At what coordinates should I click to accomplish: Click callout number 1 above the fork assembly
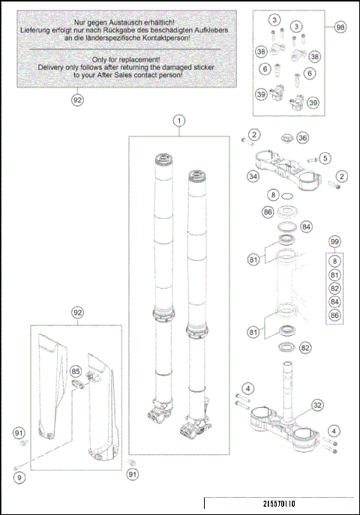tap(179, 121)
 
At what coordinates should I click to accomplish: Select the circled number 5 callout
tap(325, 158)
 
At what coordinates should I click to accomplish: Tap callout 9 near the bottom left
tap(19, 478)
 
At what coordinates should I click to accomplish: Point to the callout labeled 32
tap(317, 406)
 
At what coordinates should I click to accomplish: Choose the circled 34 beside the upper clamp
tap(253, 176)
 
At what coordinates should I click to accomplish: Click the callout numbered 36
tap(302, 138)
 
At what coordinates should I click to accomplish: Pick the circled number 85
tap(76, 372)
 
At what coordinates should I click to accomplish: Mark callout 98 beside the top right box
tap(340, 27)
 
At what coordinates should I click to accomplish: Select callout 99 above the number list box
tap(334, 241)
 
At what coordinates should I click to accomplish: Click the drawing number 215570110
tap(279, 504)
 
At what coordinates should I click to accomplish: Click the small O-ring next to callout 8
tap(287, 196)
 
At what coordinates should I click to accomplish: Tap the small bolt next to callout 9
tap(16, 468)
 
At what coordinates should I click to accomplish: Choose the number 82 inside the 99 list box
tap(334, 289)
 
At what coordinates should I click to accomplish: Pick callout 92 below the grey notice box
tap(77, 100)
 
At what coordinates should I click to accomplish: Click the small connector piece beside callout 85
tap(78, 383)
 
